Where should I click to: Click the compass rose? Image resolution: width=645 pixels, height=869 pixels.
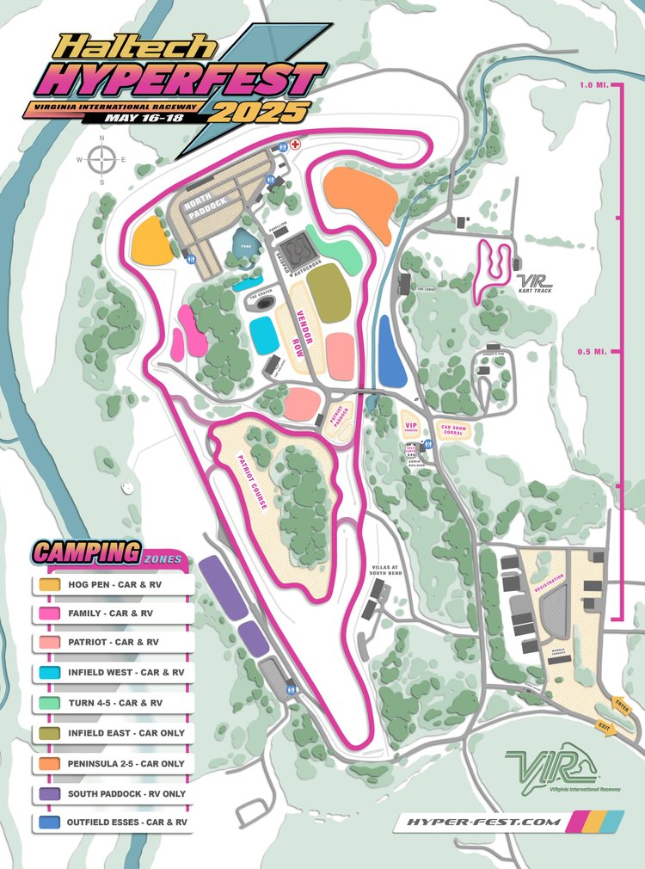click(101, 159)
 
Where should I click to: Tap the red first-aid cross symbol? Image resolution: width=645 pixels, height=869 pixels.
click(294, 145)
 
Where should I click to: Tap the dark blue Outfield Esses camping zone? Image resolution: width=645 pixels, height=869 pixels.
click(391, 351)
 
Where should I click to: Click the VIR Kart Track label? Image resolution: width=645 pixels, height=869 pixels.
click(534, 283)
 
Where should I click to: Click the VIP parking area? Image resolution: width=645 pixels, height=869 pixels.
click(411, 423)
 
